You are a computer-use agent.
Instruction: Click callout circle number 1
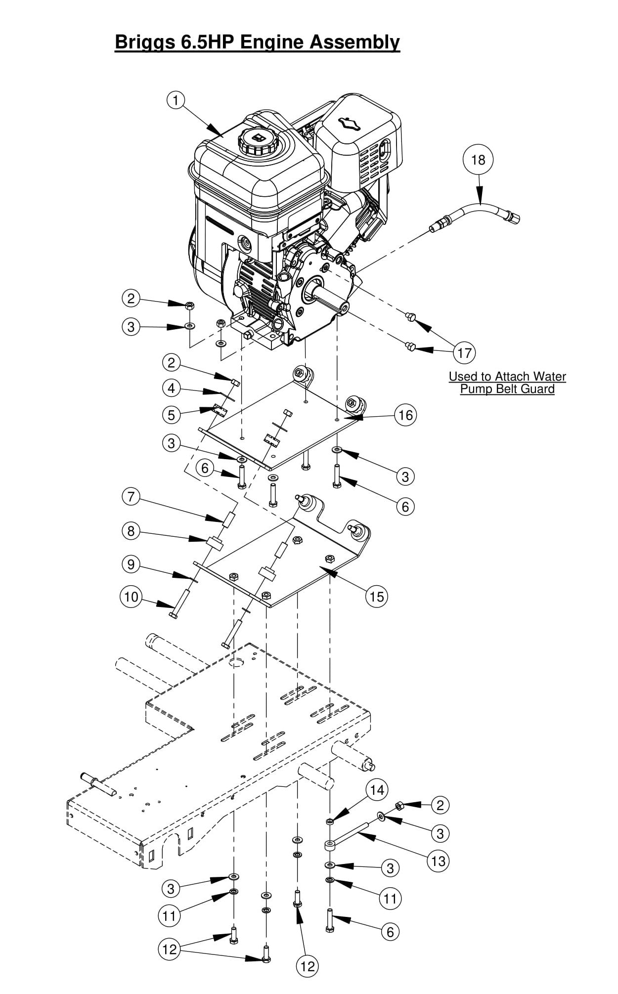pos(176,100)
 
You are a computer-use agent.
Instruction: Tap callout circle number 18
pos(478,160)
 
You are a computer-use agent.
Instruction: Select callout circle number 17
pos(464,353)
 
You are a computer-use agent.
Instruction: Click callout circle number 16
pos(405,415)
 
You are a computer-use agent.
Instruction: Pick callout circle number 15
pos(377,597)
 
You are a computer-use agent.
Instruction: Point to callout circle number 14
pos(377,790)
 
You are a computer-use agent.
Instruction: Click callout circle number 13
pos(439,861)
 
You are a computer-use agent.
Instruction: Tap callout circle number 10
pos(131,597)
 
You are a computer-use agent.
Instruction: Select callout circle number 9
pos(131,564)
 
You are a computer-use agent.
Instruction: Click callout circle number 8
pos(131,531)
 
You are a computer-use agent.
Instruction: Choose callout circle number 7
pos(131,496)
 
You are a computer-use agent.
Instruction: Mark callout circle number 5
pos(171,414)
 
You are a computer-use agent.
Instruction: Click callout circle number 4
pos(171,388)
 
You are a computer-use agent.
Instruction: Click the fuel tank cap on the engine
pos(257,141)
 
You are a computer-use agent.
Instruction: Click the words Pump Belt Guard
pos(507,389)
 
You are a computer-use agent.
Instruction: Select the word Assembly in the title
pos(354,43)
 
